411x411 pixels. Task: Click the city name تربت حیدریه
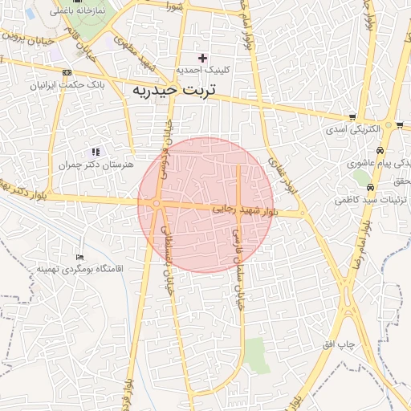click(x=174, y=89)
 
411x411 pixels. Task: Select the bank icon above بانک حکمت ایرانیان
click(x=66, y=71)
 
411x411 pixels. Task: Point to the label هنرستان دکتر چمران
click(x=96, y=164)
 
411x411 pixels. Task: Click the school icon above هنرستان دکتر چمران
click(x=96, y=152)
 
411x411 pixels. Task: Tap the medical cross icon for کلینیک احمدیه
click(x=201, y=57)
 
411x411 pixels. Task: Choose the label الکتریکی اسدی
click(x=345, y=128)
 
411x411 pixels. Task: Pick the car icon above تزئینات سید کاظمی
click(x=379, y=150)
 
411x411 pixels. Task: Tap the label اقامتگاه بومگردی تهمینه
click(x=81, y=268)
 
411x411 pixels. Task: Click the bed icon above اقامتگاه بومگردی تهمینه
click(x=79, y=256)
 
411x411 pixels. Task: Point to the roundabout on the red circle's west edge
click(x=157, y=204)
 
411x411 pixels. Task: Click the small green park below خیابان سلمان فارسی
click(x=257, y=354)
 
